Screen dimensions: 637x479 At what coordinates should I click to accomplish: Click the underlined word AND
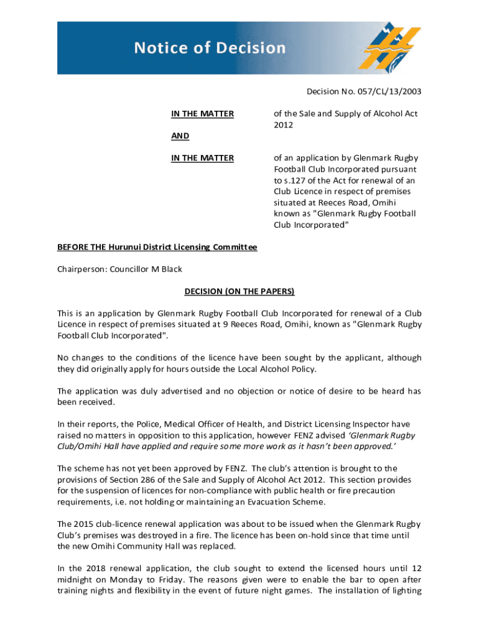tap(180, 136)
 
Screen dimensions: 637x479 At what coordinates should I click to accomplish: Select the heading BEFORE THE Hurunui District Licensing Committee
tap(157, 248)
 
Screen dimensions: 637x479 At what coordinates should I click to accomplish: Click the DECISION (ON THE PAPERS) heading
tap(239, 291)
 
